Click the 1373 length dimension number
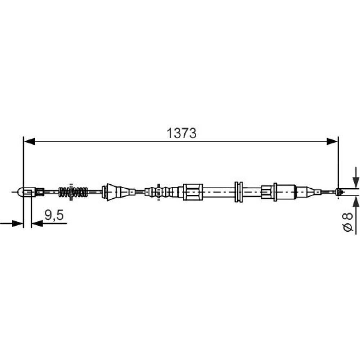point(181,134)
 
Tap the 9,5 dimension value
point(54,215)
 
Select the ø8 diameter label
point(347,222)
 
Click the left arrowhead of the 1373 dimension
point(29,141)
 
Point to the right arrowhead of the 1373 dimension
point(332,141)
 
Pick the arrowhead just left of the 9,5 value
point(37,223)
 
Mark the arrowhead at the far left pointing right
point(17,223)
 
